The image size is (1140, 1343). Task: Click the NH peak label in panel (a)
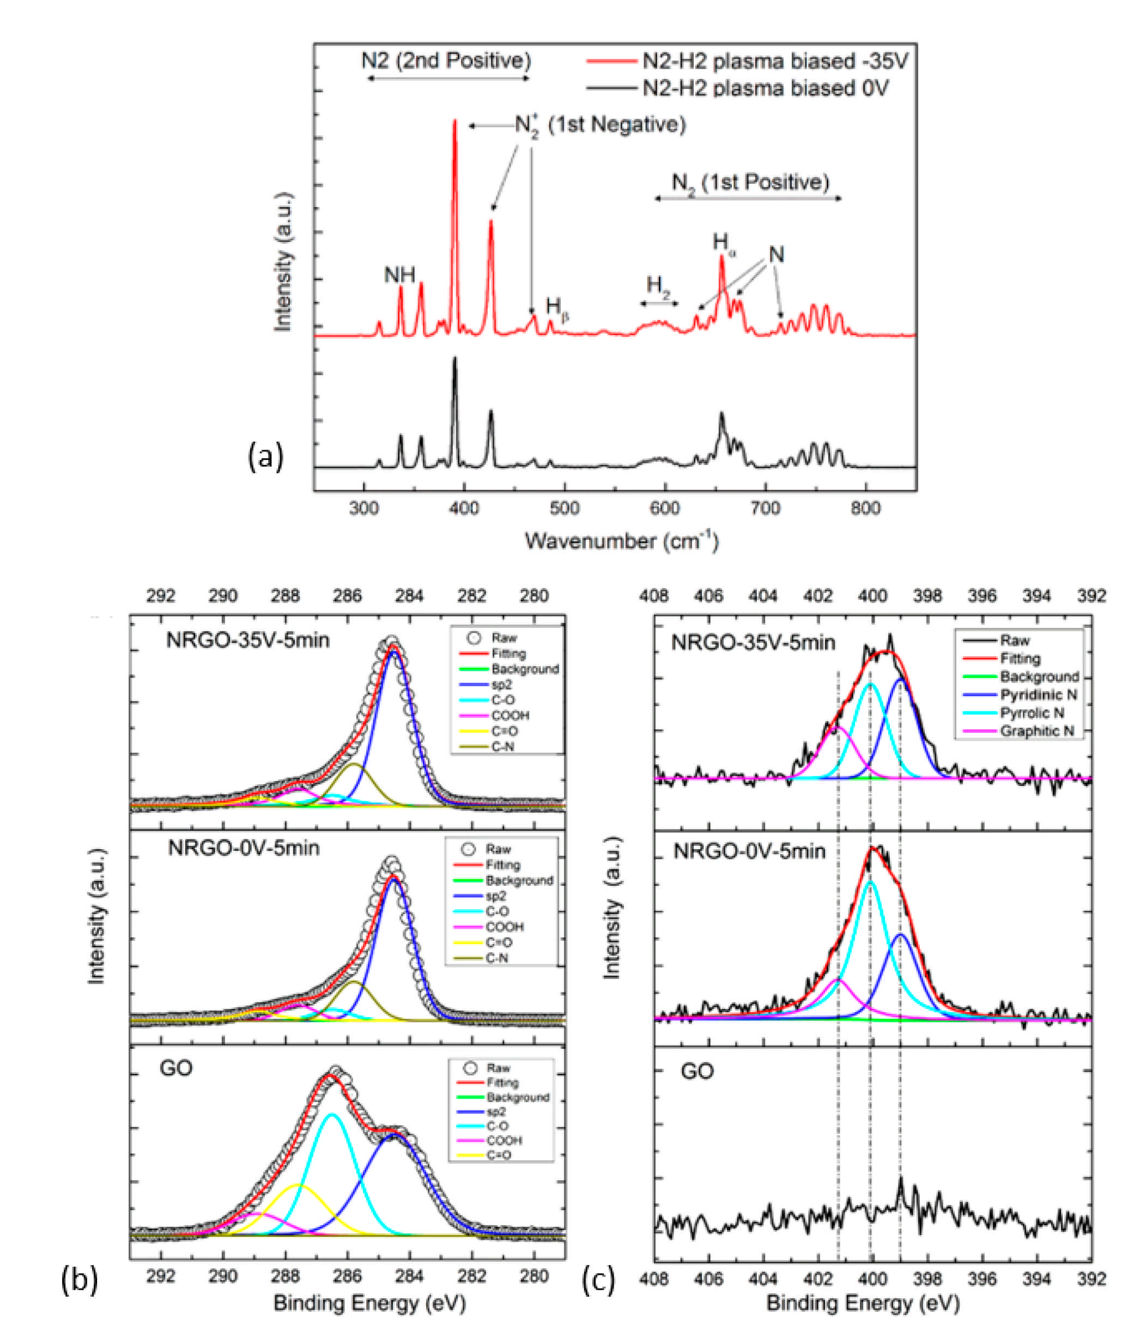pos(399,275)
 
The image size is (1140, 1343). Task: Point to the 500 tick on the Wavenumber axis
pos(564,508)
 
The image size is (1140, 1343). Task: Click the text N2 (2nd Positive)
pos(446,61)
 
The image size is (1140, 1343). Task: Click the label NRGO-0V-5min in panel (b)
pos(244,848)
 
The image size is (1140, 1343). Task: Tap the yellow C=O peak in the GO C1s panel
pos(299,1186)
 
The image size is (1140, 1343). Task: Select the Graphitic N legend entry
pos(1036,731)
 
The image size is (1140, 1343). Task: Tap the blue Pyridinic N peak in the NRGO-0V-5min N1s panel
pos(900,936)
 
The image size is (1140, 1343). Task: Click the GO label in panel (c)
pos(698,1071)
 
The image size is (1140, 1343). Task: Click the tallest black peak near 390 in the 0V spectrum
pos(454,359)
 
